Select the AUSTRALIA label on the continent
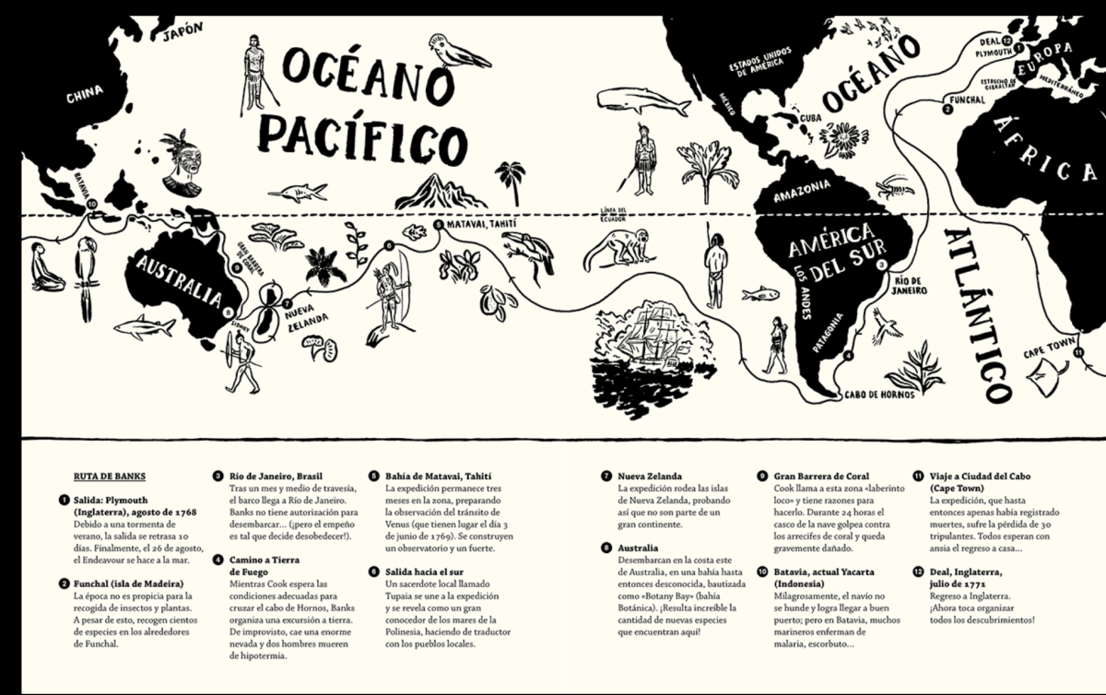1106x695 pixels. pos(179,281)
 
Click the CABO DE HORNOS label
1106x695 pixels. pos(879,395)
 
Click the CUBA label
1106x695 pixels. pos(810,118)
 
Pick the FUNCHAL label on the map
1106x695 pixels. pos(967,99)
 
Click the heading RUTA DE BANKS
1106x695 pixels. pos(109,477)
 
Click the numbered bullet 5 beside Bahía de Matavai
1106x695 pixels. pos(373,477)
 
